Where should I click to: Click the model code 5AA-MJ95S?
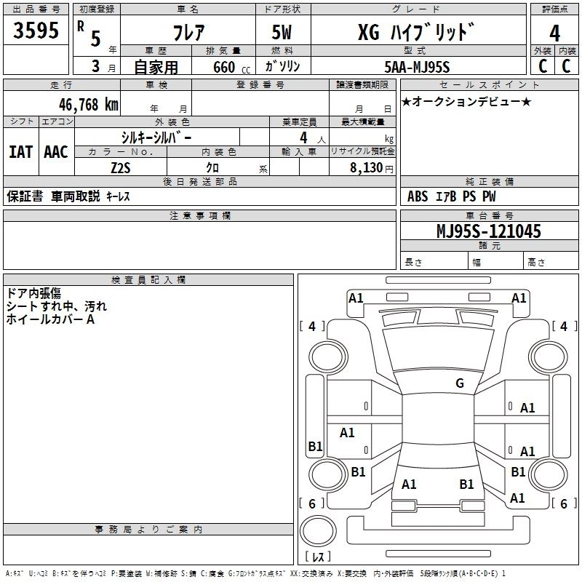[417, 67]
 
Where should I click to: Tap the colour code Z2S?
[121, 167]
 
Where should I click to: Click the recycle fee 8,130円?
[371, 167]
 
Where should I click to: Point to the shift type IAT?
[20, 152]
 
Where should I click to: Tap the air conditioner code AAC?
[55, 152]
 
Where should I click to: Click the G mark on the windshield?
[459, 383]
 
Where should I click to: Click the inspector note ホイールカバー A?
[51, 319]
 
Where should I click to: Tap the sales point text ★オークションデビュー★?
[466, 101]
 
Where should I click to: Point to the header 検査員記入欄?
[148, 279]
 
